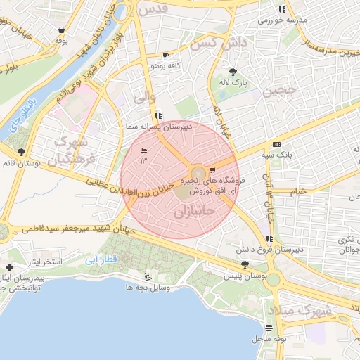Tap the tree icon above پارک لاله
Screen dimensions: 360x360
coord(233,71)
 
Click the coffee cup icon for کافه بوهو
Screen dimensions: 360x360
coord(165,55)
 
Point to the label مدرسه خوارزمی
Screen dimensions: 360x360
coord(282,20)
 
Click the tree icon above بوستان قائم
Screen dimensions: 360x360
coord(21,151)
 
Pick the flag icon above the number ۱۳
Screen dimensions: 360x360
coord(144,150)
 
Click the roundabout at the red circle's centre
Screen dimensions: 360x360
coord(198,172)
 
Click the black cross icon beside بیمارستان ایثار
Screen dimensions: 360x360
coord(9,267)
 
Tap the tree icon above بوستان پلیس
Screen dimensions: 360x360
coord(244,264)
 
